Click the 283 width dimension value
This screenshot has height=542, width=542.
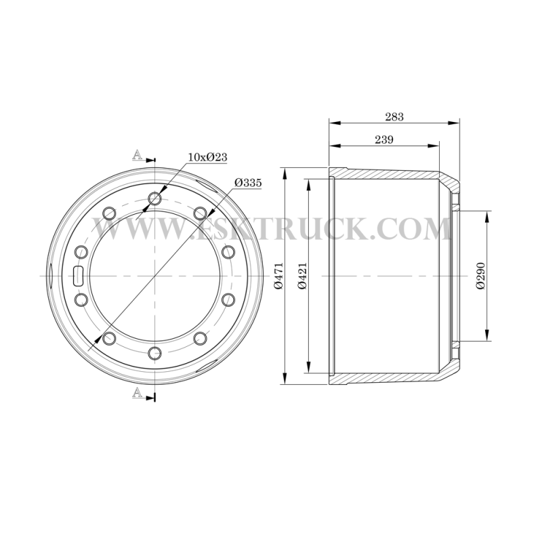(x=394, y=117)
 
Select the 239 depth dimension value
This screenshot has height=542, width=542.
(x=384, y=140)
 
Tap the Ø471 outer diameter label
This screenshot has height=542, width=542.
(x=279, y=276)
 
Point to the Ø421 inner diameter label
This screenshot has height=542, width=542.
(x=302, y=276)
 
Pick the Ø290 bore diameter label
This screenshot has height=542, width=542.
(x=480, y=276)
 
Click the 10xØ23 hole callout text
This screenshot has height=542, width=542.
(x=207, y=157)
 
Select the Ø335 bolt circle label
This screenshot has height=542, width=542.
(x=248, y=182)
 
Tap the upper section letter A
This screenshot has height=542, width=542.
(x=138, y=154)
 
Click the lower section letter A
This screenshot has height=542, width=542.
(x=138, y=392)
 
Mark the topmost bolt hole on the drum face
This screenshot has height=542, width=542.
(x=154, y=199)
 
